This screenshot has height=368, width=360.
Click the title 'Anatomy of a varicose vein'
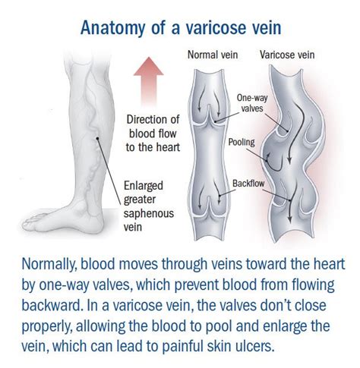coord(181,27)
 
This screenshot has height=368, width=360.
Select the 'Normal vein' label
coord(213,55)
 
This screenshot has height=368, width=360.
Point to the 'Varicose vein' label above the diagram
coord(287,55)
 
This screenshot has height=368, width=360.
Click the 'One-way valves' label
coord(252,103)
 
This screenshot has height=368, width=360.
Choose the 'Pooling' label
coord(242,142)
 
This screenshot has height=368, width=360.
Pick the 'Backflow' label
coord(248,183)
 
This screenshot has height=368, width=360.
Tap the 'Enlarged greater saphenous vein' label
coord(149,206)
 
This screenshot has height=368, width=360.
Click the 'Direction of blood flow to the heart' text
coord(153,134)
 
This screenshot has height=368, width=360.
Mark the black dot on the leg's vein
coord(97,138)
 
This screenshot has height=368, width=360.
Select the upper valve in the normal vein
coord(209,115)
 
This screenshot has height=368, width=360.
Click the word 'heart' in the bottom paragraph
coord(329,264)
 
